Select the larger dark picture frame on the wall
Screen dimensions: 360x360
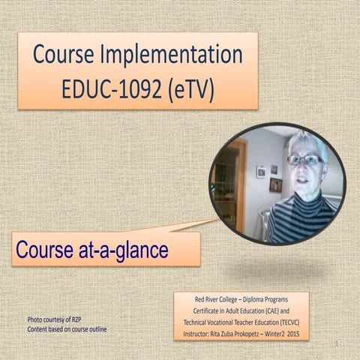275,184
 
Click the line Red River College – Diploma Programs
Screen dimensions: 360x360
241,298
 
